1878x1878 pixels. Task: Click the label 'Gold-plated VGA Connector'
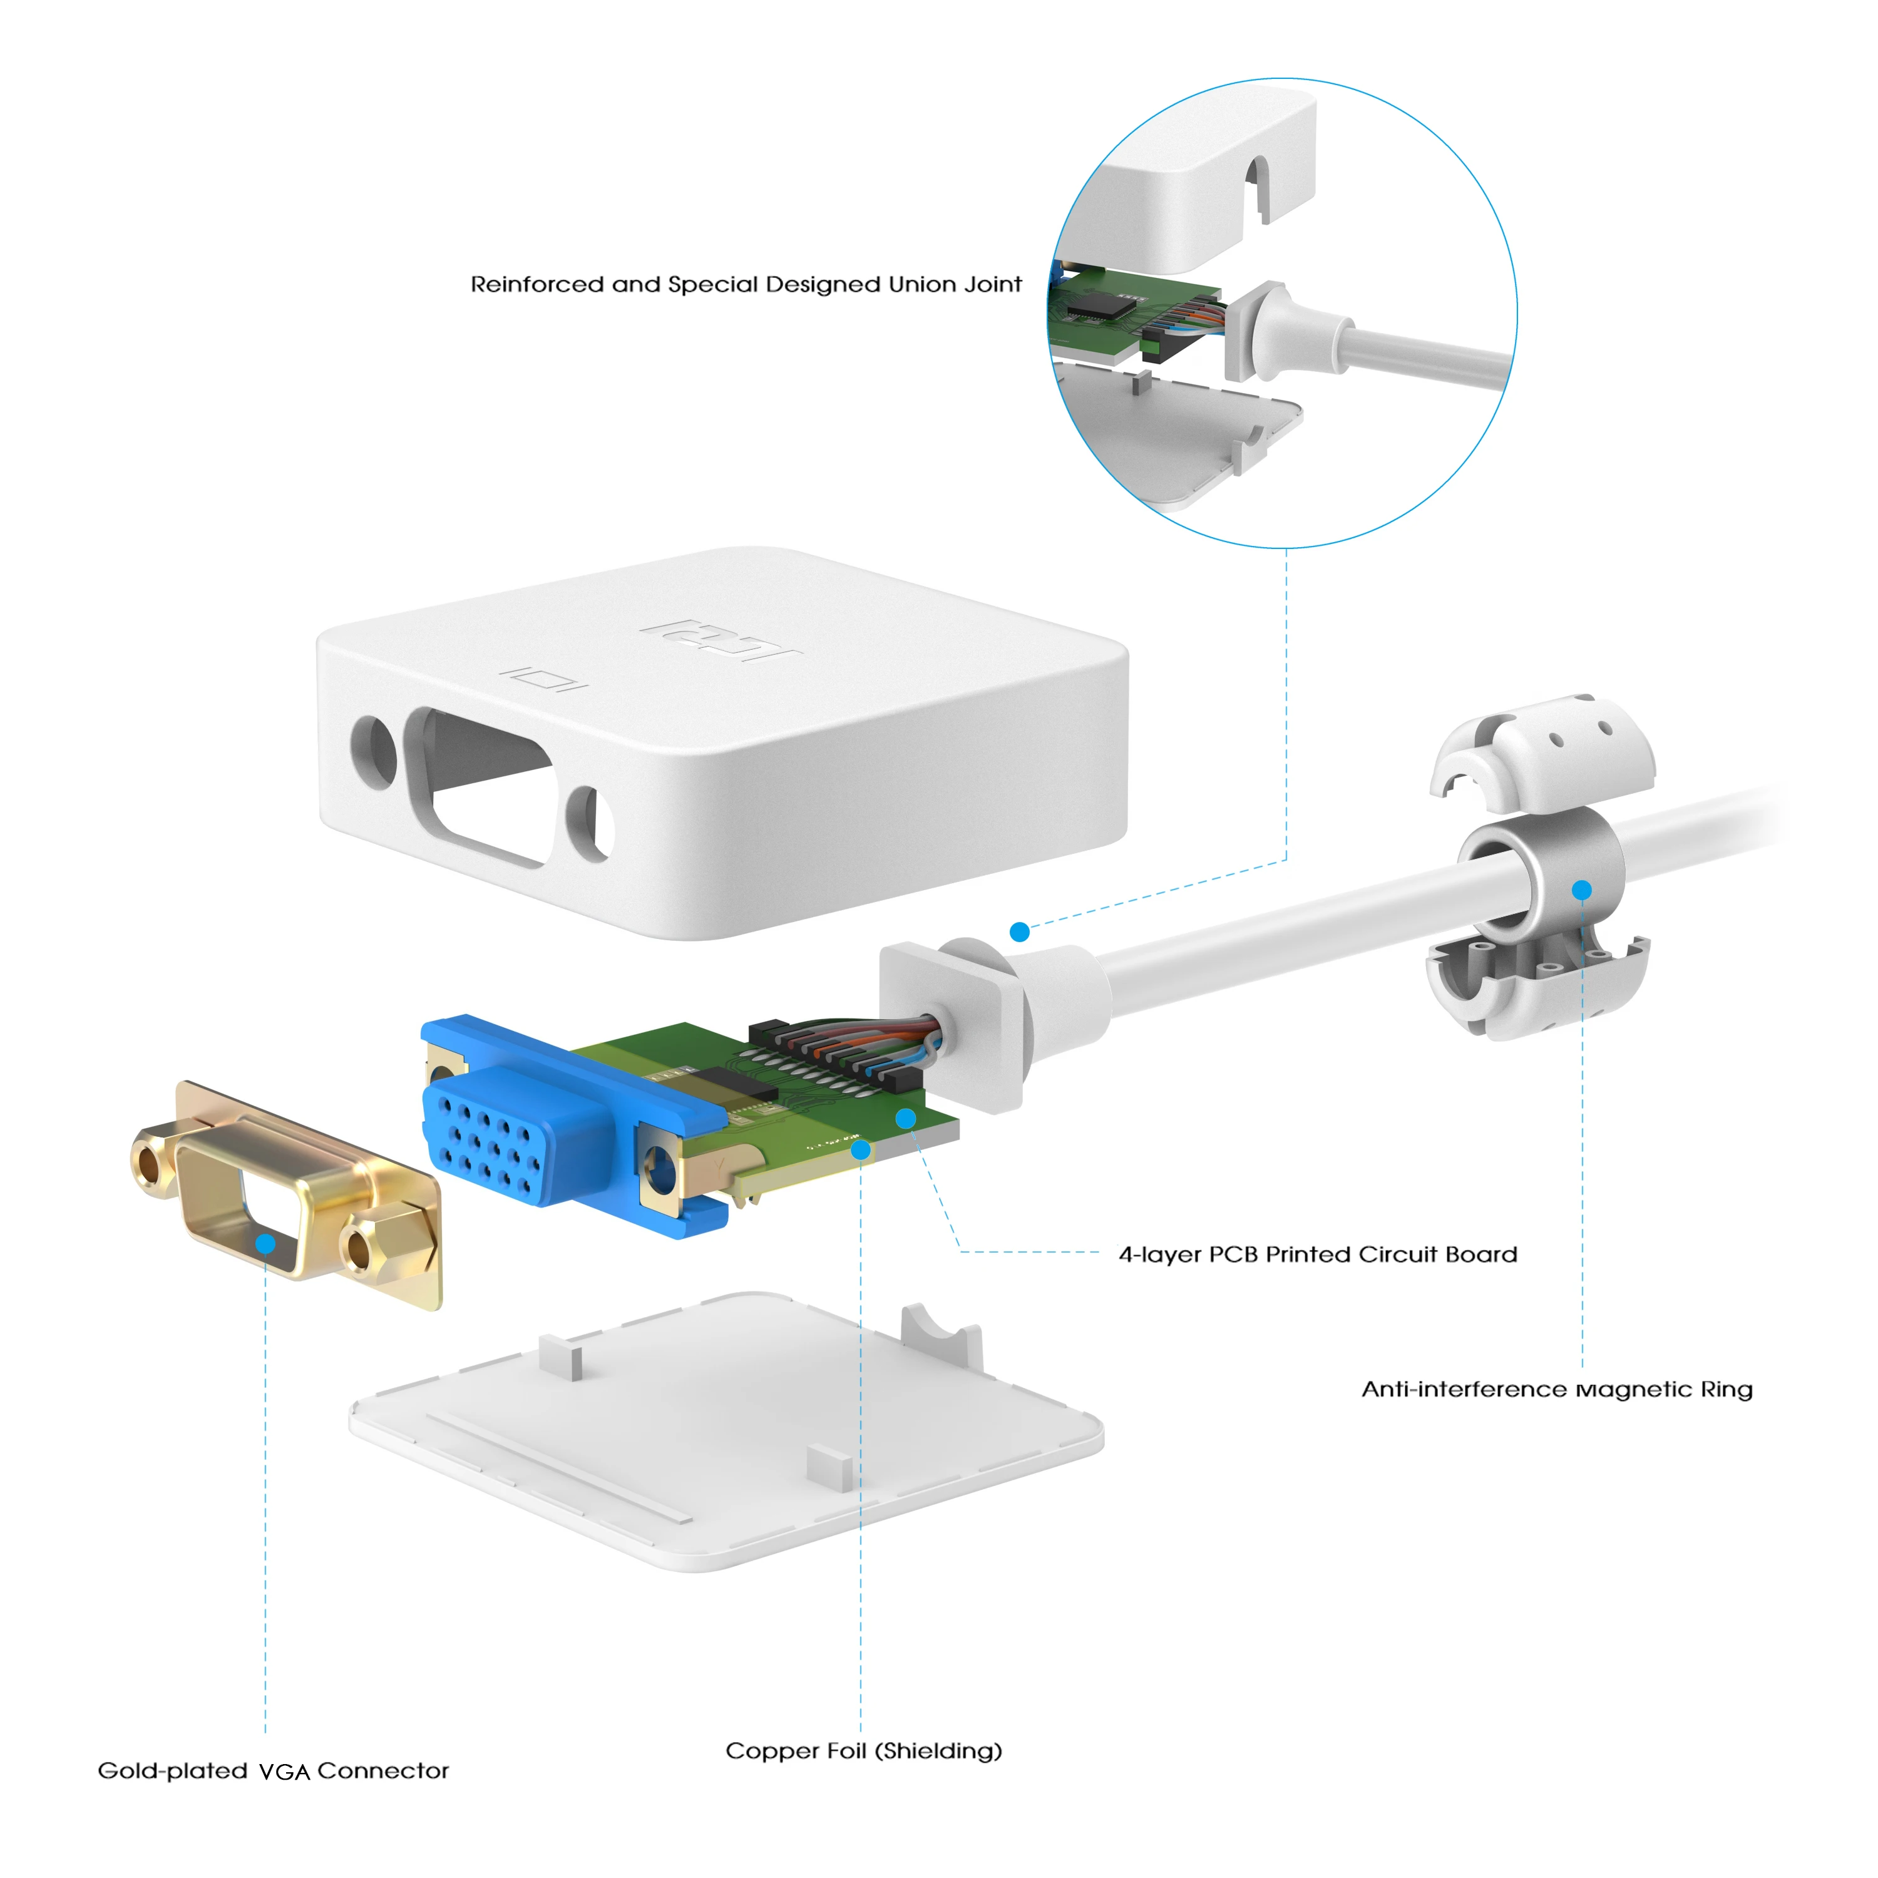click(x=273, y=1771)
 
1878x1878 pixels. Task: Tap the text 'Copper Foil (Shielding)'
click(x=863, y=1751)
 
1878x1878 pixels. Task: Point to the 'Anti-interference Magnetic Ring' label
click(x=1556, y=1389)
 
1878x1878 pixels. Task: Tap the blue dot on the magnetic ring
click(x=1581, y=890)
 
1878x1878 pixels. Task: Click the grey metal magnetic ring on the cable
click(x=1546, y=865)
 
